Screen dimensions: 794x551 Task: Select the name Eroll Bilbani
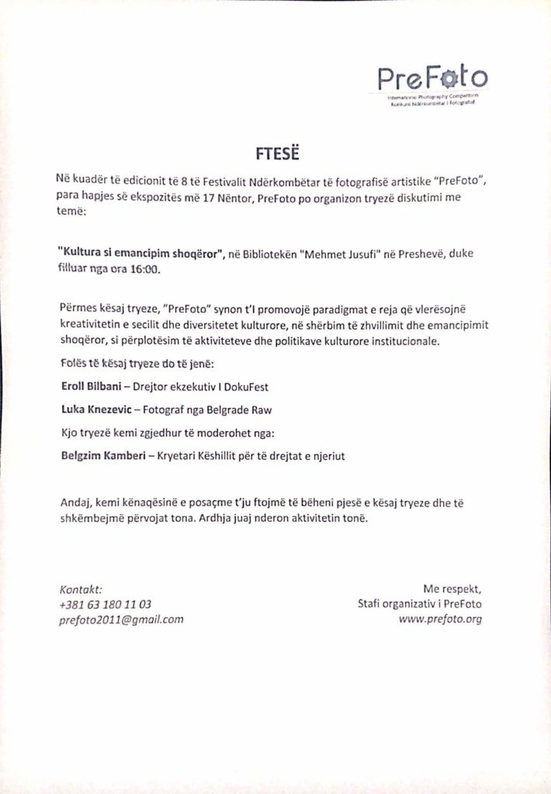point(92,385)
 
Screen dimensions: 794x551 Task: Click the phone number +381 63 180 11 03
point(105,603)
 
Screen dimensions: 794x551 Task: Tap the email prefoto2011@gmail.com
point(121,620)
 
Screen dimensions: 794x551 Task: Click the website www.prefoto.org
point(440,620)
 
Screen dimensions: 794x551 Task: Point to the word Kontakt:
point(81,588)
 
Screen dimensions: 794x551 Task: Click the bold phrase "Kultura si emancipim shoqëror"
point(140,254)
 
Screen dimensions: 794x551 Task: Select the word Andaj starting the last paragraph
point(75,503)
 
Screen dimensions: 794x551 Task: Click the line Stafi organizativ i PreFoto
point(419,603)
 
